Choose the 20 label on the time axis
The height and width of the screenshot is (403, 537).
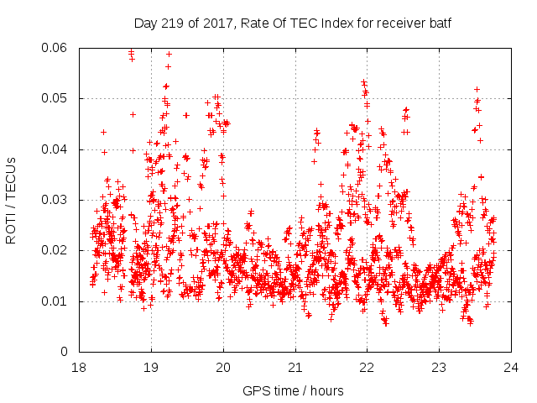(x=223, y=368)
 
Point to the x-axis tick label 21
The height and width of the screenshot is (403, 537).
(x=295, y=368)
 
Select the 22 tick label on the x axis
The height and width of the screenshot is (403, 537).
(x=367, y=368)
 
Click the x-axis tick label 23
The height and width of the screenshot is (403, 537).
(x=439, y=368)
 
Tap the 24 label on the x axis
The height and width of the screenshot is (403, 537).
(x=510, y=368)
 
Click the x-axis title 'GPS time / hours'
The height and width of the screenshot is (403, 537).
(x=294, y=390)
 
